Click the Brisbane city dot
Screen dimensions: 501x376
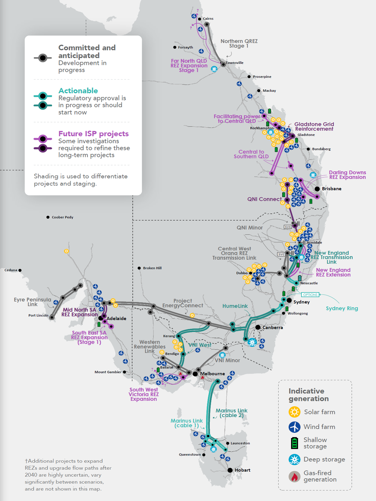(317, 189)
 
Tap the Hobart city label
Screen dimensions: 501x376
(242, 470)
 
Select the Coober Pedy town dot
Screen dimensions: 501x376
(48, 217)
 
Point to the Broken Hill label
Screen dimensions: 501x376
(152, 268)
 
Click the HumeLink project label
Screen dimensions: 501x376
(235, 306)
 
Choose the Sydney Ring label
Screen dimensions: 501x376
(342, 308)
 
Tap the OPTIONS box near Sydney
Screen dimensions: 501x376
(310, 295)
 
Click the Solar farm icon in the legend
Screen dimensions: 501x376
(294, 412)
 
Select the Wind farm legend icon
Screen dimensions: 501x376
(294, 427)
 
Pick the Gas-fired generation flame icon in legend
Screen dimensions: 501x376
(294, 477)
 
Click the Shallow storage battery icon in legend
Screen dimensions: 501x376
(294, 443)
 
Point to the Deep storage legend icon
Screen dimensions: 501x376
(294, 459)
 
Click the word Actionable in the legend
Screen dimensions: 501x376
(78, 91)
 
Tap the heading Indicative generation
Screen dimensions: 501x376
(309, 395)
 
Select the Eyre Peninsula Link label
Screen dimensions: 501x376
(33, 302)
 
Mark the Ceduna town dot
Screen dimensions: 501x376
(20, 270)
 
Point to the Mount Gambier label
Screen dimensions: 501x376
(108, 372)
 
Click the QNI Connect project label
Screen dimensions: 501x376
(264, 199)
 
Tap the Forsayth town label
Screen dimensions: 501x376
(185, 47)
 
